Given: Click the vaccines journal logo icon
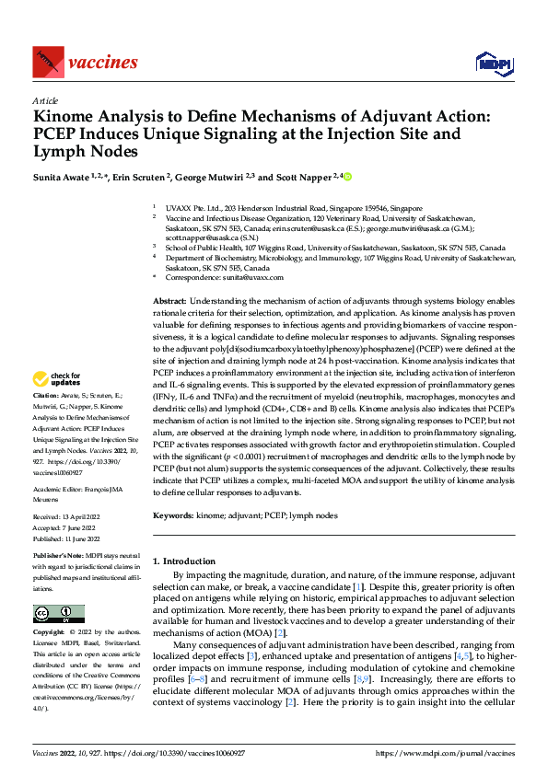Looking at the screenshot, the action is point(47,62).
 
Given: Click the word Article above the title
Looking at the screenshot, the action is point(44,100).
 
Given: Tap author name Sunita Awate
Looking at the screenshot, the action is point(64,176).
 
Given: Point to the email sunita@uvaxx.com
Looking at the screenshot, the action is point(246,276).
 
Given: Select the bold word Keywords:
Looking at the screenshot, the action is point(173,516).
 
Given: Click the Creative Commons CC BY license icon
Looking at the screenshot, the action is point(58,613).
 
